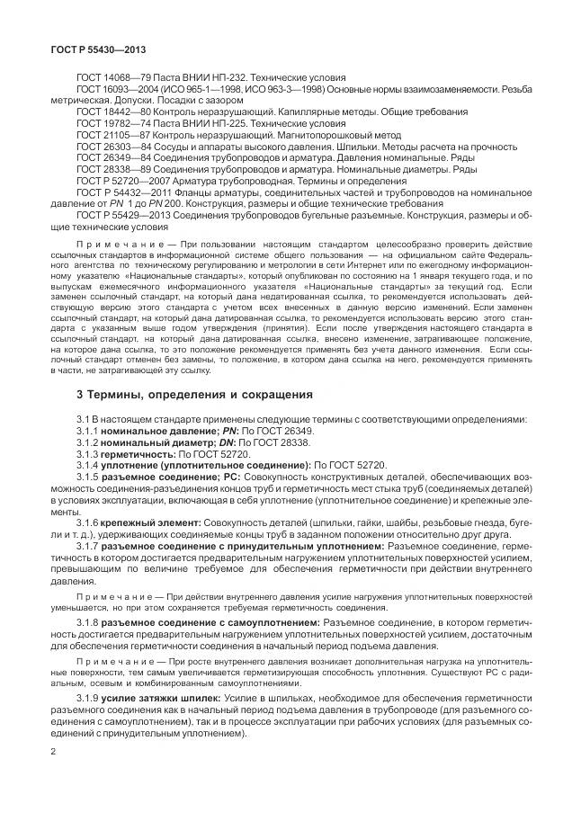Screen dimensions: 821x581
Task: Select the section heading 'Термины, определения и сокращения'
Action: click(x=195, y=394)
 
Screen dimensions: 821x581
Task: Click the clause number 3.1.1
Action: click(x=88, y=432)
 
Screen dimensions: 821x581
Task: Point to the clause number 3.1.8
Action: click(x=88, y=621)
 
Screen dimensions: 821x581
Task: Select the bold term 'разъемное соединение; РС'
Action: click(x=168, y=477)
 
